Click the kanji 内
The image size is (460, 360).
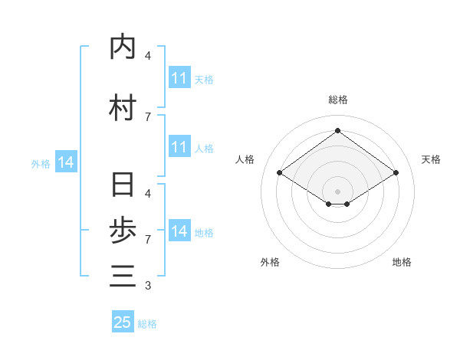pos(123,47)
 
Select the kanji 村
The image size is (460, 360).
pos(123,108)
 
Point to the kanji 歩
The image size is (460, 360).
pos(123,231)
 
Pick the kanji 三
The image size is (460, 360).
pos(123,276)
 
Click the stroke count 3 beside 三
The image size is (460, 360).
pos(148,286)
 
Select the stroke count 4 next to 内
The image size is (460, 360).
pos(148,55)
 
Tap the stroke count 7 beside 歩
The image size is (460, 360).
pos(148,240)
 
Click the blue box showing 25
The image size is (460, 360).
pos(123,322)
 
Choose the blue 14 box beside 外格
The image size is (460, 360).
pos(65,162)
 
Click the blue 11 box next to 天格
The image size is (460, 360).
pos(179,78)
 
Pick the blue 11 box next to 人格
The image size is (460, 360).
pos(179,147)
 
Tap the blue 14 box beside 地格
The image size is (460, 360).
pos(179,231)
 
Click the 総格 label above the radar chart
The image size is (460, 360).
pos(338,100)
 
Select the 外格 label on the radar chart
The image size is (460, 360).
pos(270,262)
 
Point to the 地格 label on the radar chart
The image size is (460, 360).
pos(402,262)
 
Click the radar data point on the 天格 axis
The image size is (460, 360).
pos(396,173)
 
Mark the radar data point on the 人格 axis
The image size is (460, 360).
pos(280,173)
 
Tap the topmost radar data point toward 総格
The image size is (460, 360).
pos(338,130)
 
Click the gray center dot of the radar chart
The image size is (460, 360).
pos(338,191)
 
